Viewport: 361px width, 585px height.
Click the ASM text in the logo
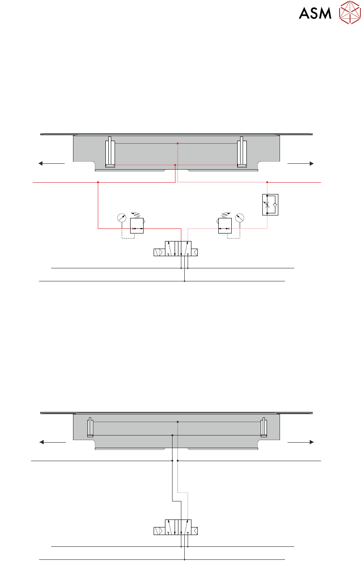pyautogui.click(x=315, y=13)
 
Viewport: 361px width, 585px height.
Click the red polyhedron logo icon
pyautogui.click(x=350, y=12)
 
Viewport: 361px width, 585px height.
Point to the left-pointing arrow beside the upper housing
pyautogui.click(x=52, y=163)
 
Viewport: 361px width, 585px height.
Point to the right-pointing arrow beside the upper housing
pyautogui.click(x=301, y=163)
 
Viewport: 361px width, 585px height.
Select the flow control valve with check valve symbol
pyautogui.click(x=270, y=205)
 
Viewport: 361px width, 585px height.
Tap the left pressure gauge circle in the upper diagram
pyautogui.click(x=122, y=218)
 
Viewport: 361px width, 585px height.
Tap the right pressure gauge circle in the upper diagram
pyautogui.click(x=240, y=218)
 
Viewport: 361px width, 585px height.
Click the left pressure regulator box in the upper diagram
pyautogui.click(x=137, y=226)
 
